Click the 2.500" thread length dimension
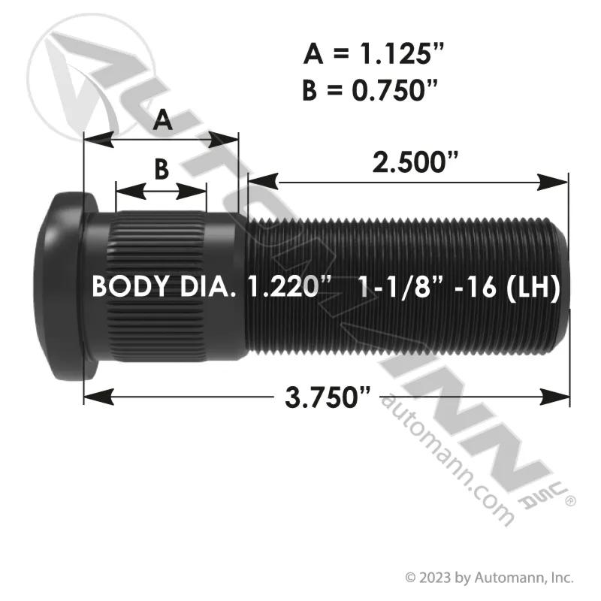[415, 162]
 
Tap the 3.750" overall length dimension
[328, 397]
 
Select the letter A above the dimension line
[162, 120]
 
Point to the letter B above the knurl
[162, 169]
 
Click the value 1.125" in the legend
[401, 53]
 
